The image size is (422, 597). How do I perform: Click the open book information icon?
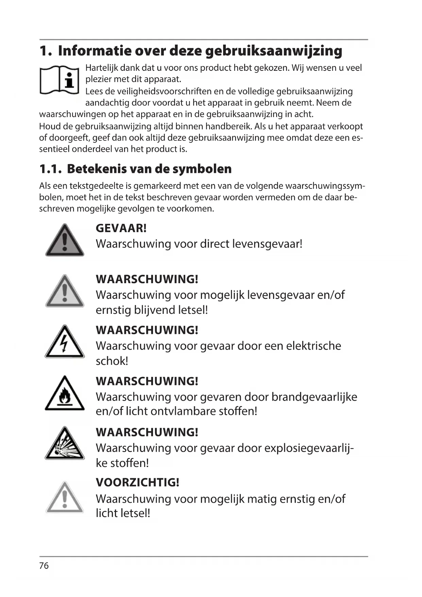click(x=60, y=80)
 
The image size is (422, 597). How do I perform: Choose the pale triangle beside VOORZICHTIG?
click(x=65, y=498)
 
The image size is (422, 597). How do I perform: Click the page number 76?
click(x=44, y=566)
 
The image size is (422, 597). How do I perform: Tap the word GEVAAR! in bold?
click(x=121, y=228)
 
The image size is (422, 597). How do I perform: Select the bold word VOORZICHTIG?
click(x=137, y=482)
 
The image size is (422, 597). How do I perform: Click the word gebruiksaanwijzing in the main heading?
click(x=274, y=51)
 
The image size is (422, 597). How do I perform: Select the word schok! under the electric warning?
click(x=112, y=361)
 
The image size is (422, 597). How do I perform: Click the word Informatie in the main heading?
click(x=94, y=51)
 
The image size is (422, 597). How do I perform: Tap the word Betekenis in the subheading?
click(x=100, y=169)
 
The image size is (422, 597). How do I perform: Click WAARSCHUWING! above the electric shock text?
click(x=147, y=330)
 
